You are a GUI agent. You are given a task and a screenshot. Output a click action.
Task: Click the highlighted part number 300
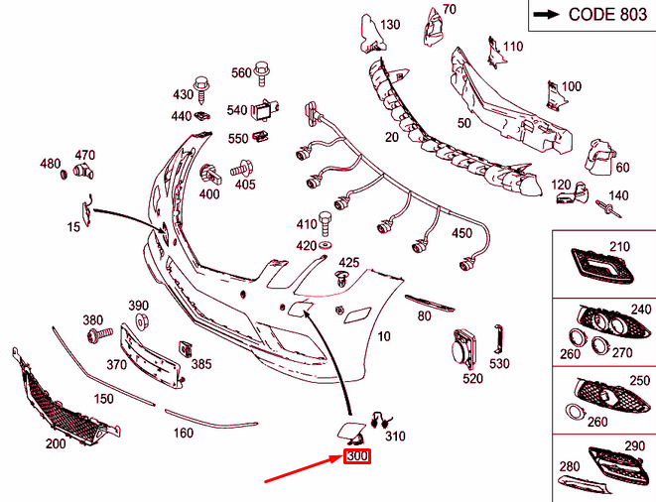[355, 457]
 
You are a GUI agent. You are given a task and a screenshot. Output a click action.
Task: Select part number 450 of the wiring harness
[462, 233]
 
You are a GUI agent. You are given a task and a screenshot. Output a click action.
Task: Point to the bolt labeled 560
[263, 72]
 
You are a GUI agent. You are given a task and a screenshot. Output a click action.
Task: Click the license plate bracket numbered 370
[150, 356]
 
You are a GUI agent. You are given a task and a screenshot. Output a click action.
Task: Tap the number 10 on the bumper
[384, 336]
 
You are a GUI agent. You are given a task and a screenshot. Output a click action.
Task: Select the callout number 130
[390, 24]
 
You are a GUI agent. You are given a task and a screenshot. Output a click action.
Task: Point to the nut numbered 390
[140, 322]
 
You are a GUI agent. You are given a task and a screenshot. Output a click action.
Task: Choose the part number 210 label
[619, 246]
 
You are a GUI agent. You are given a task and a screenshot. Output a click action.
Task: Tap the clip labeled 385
[186, 349]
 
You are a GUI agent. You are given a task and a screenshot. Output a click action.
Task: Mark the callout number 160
[184, 433]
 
